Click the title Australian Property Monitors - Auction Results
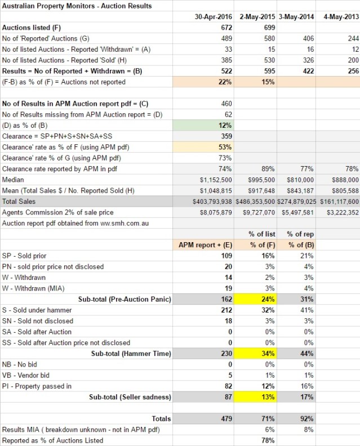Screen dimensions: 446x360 coord(77,6)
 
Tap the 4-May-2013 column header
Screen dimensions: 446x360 coord(339,17)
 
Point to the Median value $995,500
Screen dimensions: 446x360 coord(261,180)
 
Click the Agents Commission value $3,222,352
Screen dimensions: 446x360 coord(339,212)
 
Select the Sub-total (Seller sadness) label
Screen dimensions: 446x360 coord(130,397)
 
